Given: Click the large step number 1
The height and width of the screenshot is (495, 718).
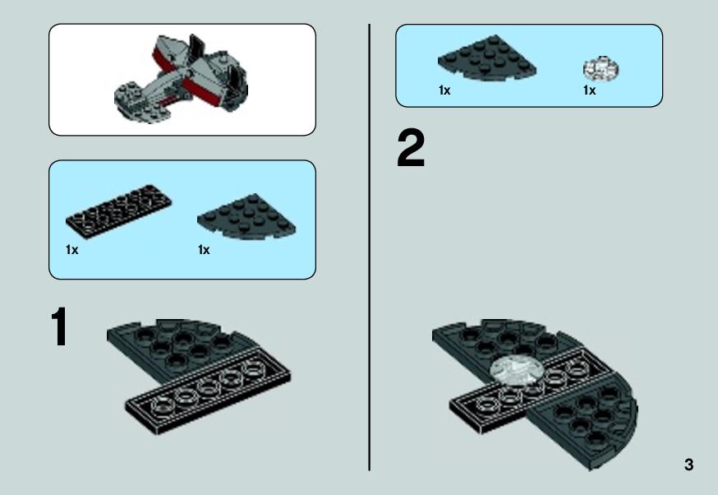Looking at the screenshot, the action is pyautogui.click(x=59, y=326).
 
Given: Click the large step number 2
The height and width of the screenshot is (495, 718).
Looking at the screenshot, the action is pyautogui.click(x=411, y=148).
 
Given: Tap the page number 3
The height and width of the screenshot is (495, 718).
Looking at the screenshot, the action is pyautogui.click(x=688, y=465).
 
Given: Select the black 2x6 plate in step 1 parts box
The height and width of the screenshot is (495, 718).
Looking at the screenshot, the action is pyautogui.click(x=118, y=210).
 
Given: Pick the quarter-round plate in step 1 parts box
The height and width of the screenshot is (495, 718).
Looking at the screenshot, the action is pyautogui.click(x=246, y=216).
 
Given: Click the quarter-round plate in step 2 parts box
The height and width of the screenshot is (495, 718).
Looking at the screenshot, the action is pyautogui.click(x=487, y=58).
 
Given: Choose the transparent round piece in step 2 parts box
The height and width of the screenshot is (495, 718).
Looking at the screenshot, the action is pyautogui.click(x=601, y=69).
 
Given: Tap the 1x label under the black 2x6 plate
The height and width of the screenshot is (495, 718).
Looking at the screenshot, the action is pyautogui.click(x=72, y=250).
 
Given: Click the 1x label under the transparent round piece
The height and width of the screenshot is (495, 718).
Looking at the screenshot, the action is pyautogui.click(x=589, y=90).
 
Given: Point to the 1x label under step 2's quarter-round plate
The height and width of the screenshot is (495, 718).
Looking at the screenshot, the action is pyautogui.click(x=444, y=90).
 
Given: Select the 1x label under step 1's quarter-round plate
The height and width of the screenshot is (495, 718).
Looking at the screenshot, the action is pyautogui.click(x=204, y=250).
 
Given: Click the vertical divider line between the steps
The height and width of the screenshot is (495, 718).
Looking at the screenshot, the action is pyautogui.click(x=369, y=247).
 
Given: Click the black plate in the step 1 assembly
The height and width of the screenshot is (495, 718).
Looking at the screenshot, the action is pyautogui.click(x=208, y=391).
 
